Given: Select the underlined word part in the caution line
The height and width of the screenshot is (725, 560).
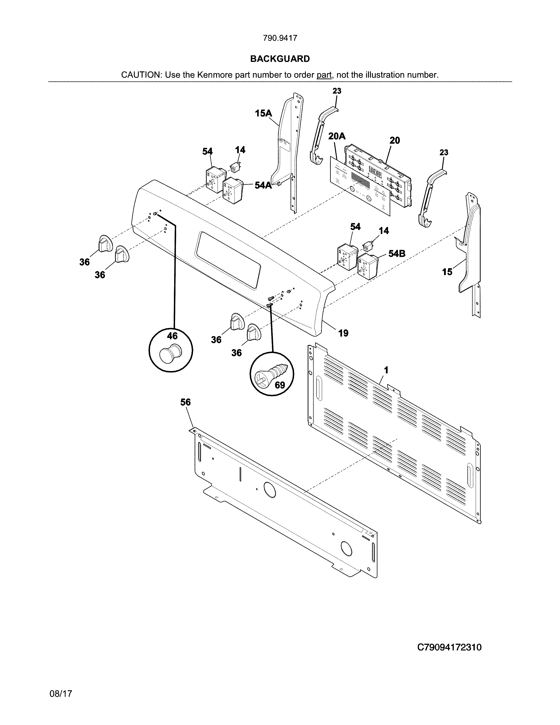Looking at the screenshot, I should click(x=324, y=75).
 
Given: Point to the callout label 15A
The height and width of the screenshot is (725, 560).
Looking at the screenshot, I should click(x=263, y=114).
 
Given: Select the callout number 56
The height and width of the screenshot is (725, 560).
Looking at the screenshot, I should click(x=185, y=402).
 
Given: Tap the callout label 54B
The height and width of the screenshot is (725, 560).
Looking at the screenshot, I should click(x=397, y=254).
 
